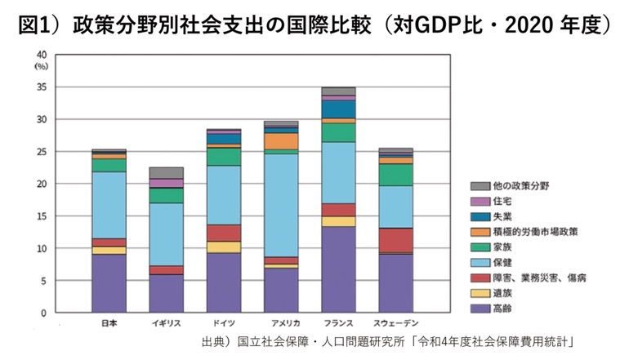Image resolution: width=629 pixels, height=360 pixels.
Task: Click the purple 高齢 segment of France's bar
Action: pyautogui.click(x=338, y=269)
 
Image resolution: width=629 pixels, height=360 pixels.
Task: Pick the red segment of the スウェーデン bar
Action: pyautogui.click(x=395, y=240)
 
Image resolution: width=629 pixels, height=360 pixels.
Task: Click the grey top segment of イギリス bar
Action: pyautogui.click(x=166, y=172)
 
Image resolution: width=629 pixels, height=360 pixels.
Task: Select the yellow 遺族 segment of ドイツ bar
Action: pyautogui.click(x=223, y=247)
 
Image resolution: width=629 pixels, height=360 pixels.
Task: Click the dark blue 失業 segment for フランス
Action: pyautogui.click(x=338, y=109)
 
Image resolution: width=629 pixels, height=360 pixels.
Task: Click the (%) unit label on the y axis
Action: pyautogui.click(x=42, y=66)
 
